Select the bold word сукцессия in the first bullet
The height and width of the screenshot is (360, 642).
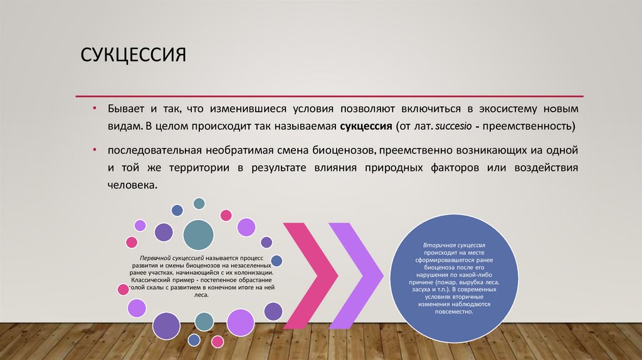pos(366,125)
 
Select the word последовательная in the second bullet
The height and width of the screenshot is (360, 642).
pos(153,151)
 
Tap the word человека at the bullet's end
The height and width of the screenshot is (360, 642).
pos(129,186)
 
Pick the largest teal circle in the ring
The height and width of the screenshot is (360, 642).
pos(198,236)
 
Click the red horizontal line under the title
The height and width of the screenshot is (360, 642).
pos(329,96)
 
